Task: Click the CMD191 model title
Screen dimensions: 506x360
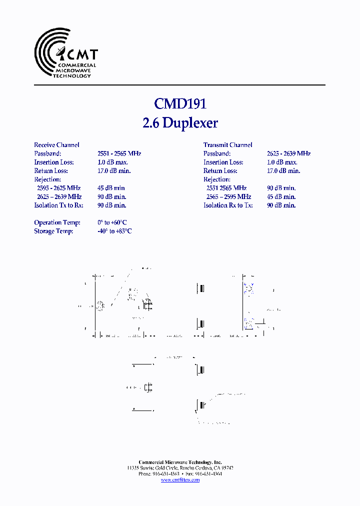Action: (x=180, y=103)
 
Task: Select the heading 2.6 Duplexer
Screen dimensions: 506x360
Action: (x=180, y=123)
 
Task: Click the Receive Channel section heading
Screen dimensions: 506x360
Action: (x=56, y=145)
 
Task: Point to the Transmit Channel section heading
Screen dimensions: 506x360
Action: (x=227, y=145)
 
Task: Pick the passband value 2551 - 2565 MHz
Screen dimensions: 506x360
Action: (x=119, y=153)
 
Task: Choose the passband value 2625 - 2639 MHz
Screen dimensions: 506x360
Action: (x=288, y=153)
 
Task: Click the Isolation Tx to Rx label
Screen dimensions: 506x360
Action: (x=58, y=205)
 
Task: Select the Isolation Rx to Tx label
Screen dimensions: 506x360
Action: (x=228, y=205)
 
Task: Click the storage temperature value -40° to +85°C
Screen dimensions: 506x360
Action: (x=114, y=231)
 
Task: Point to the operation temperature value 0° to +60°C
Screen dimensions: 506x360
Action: (x=112, y=222)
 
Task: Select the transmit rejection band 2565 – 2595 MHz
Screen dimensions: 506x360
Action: (x=228, y=196)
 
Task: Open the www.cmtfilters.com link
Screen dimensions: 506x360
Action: (x=180, y=480)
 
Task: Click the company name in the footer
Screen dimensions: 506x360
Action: (x=180, y=462)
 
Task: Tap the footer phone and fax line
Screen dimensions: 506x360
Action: (x=180, y=474)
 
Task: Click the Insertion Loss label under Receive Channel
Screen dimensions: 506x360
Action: (x=54, y=162)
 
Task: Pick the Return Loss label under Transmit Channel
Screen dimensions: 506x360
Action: (x=220, y=170)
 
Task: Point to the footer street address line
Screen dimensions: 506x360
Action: (x=180, y=468)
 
